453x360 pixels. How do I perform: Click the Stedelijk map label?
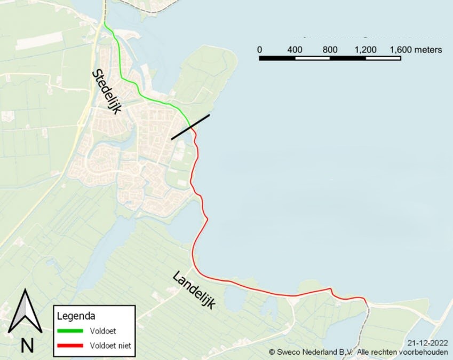107,91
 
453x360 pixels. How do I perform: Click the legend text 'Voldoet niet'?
110,346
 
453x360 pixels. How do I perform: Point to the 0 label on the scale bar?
260,50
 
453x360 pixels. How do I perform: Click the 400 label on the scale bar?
295,50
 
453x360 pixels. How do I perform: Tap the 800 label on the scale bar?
330,50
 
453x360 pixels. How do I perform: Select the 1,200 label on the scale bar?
365,50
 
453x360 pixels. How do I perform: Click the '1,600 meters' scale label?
416,50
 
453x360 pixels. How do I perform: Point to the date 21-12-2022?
427,342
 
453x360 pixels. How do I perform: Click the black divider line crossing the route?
190,127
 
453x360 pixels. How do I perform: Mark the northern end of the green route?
105,23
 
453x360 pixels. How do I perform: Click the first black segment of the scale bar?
277,58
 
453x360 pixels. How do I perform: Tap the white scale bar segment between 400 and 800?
313,58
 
